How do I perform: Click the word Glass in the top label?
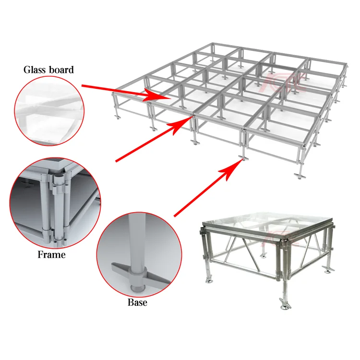(x=36, y=70)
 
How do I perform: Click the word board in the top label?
(x=61, y=70)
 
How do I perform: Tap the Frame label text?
(x=51, y=254)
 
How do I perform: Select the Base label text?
(x=137, y=302)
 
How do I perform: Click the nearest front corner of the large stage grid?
(x=244, y=158)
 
